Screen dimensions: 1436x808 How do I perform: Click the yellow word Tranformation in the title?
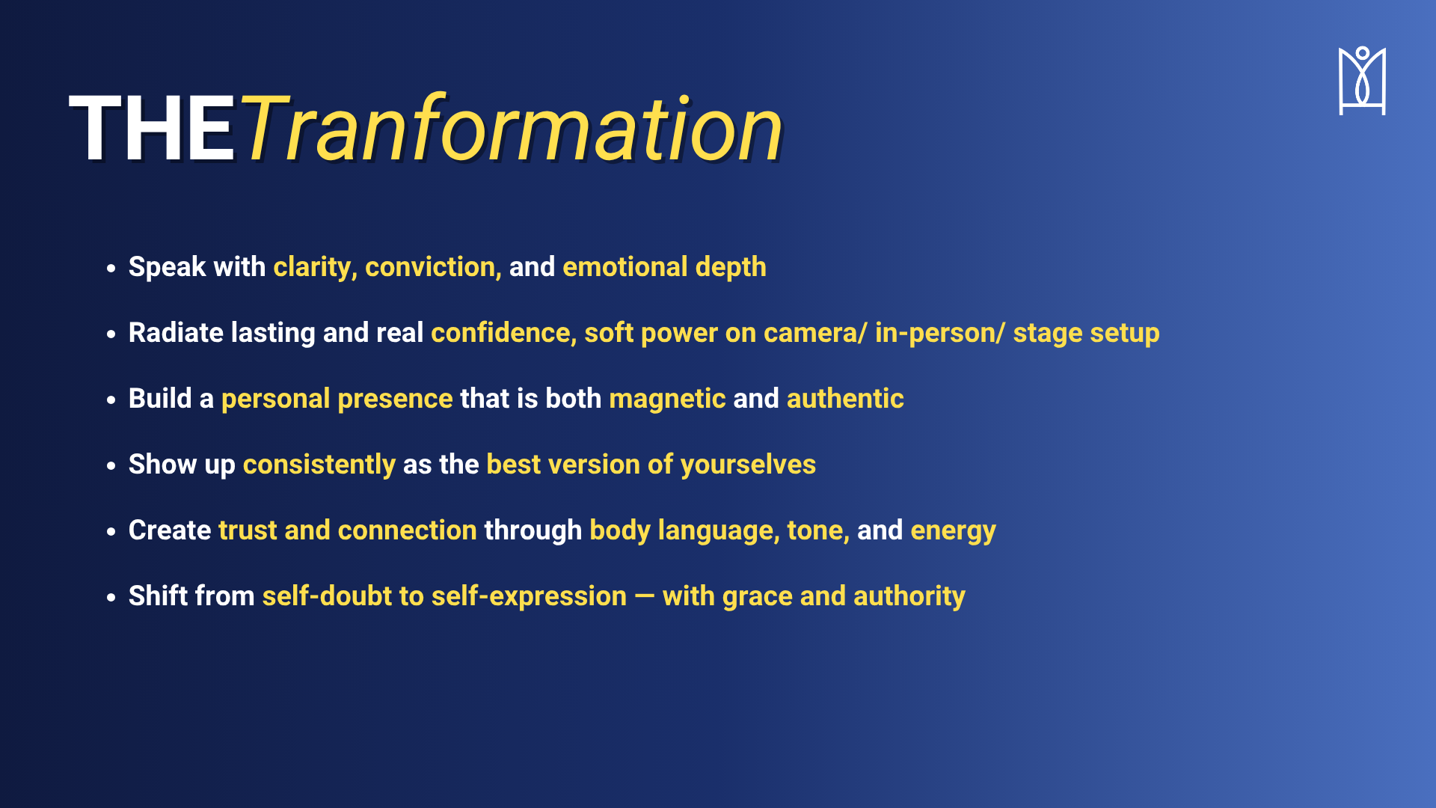(511, 127)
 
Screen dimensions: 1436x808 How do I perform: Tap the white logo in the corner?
(1362, 81)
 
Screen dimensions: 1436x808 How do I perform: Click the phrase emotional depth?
(664, 268)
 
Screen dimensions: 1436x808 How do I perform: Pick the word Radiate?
(176, 333)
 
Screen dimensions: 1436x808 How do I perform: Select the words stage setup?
(1086, 334)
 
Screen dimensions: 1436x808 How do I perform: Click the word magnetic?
(667, 400)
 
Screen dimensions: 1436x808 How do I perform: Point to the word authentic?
(845, 399)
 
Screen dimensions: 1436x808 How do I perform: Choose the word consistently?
(319, 465)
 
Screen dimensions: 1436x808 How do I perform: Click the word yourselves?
(748, 465)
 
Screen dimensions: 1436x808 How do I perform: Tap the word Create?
(170, 530)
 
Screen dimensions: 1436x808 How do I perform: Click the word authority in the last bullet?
(909, 597)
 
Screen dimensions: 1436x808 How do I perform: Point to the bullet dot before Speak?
(111, 268)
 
